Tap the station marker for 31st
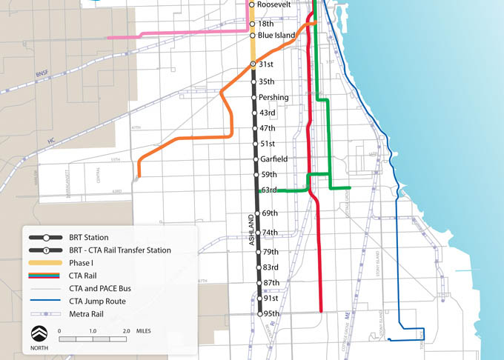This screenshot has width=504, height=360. [253, 64]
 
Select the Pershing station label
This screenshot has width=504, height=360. [274, 97]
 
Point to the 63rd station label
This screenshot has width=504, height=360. [268, 190]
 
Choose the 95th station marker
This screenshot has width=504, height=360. [260, 314]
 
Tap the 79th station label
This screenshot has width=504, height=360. [270, 252]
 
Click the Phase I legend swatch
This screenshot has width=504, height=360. [47, 263]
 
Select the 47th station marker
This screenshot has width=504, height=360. [254, 128]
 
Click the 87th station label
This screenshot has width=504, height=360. [271, 283]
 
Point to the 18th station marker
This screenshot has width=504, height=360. [252, 24]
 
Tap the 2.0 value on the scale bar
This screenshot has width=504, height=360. [126, 330]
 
